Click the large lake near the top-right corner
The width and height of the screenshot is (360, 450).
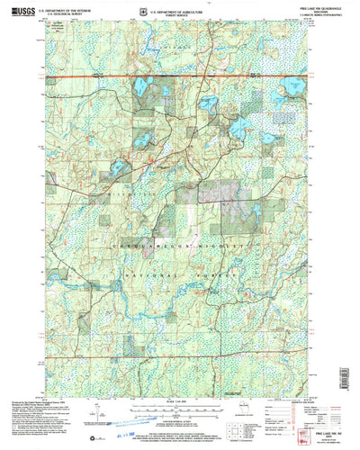pyautogui.click(x=293, y=88)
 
